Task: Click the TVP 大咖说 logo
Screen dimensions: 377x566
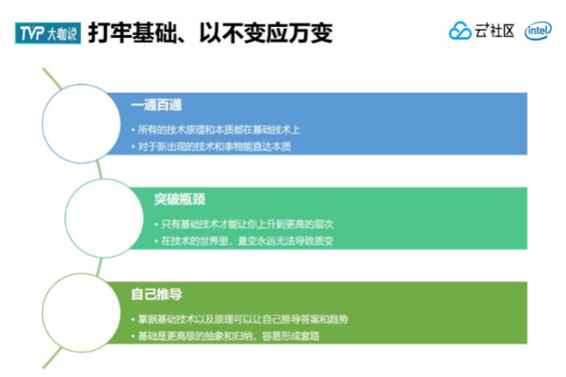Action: (47, 33)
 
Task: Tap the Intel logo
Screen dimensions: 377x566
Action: (538, 31)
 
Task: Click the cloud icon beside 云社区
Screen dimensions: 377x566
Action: (459, 31)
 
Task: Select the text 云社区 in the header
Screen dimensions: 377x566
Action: (495, 31)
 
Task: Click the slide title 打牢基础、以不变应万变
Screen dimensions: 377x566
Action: (210, 33)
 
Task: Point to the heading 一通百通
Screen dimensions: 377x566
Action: (157, 106)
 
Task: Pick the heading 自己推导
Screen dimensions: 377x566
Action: (157, 295)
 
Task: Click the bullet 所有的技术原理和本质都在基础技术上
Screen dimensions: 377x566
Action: (219, 130)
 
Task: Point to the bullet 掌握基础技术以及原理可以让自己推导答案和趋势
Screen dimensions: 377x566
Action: (244, 319)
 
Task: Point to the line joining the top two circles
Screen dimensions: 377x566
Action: (98, 169)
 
